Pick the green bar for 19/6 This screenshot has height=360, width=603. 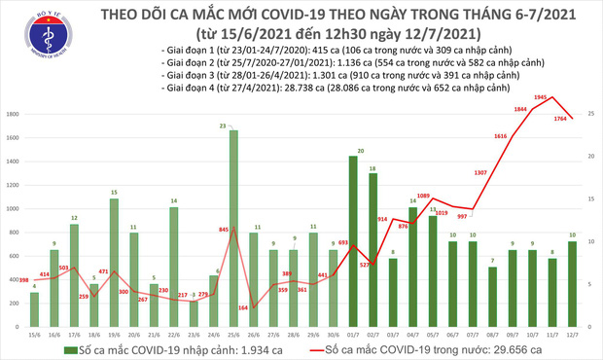click(x=114, y=247)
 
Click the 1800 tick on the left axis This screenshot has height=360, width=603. click(x=14, y=114)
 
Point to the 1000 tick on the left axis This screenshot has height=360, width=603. click(x=14, y=208)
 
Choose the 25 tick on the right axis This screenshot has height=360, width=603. click(x=591, y=114)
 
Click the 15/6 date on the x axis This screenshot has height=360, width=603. click(x=33, y=335)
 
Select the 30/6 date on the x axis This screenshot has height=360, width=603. click(x=333, y=335)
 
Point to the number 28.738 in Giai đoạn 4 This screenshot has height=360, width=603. click(x=281, y=87)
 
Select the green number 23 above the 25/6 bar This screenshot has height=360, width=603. click(x=223, y=126)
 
